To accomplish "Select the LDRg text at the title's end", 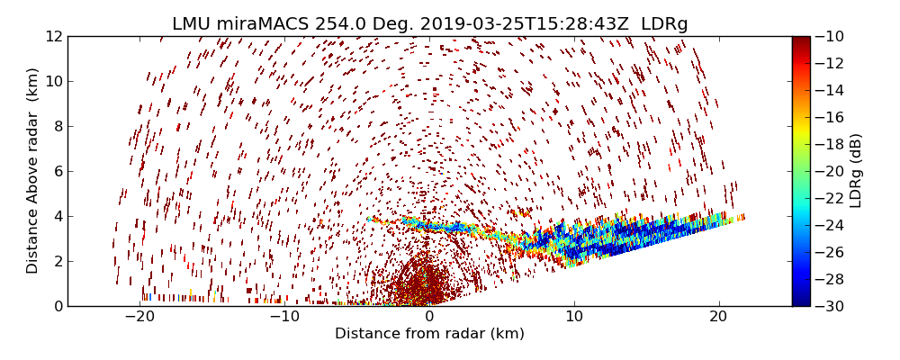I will click(x=664, y=24).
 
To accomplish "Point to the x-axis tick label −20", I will click(x=139, y=317).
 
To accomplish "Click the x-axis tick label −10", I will click(x=284, y=317).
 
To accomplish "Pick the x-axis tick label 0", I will click(x=429, y=317).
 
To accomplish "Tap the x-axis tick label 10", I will click(x=574, y=317).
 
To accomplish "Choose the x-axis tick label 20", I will click(x=718, y=317).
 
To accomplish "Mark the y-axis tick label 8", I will click(x=57, y=126).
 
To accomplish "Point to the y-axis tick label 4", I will click(x=57, y=216).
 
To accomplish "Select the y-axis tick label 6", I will click(x=57, y=171).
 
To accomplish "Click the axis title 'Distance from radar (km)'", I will click(x=429, y=334).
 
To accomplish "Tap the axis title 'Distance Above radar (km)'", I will click(x=33, y=170).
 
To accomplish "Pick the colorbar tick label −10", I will click(x=829, y=36).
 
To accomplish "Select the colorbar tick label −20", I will click(x=829, y=171).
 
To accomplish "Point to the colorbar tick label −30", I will click(x=829, y=306).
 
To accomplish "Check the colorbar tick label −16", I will click(x=829, y=117).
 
